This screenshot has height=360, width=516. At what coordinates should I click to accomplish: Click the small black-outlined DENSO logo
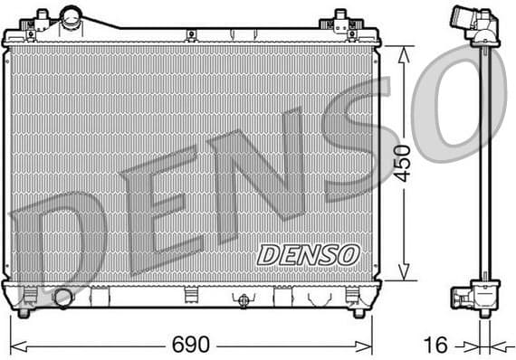click(308, 254)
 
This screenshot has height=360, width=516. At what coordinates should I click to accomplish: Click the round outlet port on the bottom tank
click(62, 297)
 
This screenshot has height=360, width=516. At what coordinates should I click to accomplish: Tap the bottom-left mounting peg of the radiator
click(24, 312)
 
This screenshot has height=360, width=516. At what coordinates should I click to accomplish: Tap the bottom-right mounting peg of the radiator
click(358, 312)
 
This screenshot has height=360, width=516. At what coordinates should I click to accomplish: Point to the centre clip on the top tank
click(191, 34)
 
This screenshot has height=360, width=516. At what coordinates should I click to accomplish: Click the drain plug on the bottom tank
click(244, 300)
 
